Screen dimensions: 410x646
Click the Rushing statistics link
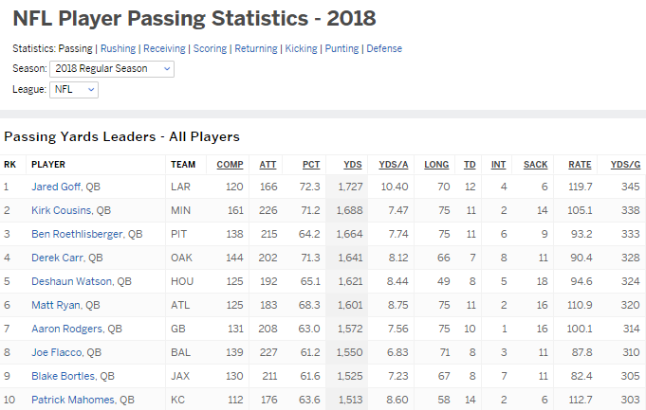point(118,48)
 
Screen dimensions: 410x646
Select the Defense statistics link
point(384,48)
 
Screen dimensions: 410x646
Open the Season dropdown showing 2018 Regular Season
point(112,69)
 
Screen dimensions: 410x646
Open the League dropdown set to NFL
point(73,89)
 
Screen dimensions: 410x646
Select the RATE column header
point(580,164)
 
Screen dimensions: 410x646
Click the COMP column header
point(230,164)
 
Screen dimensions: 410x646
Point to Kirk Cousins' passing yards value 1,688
point(349,210)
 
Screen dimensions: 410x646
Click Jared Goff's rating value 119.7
point(580,187)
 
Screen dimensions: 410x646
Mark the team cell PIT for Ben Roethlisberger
point(179,234)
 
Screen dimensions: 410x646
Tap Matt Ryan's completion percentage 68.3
point(310,305)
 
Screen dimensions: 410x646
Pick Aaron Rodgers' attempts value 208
point(268,329)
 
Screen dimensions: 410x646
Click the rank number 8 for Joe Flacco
point(8,352)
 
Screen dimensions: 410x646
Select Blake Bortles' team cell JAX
point(180,376)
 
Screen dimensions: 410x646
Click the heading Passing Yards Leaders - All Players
point(121,137)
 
